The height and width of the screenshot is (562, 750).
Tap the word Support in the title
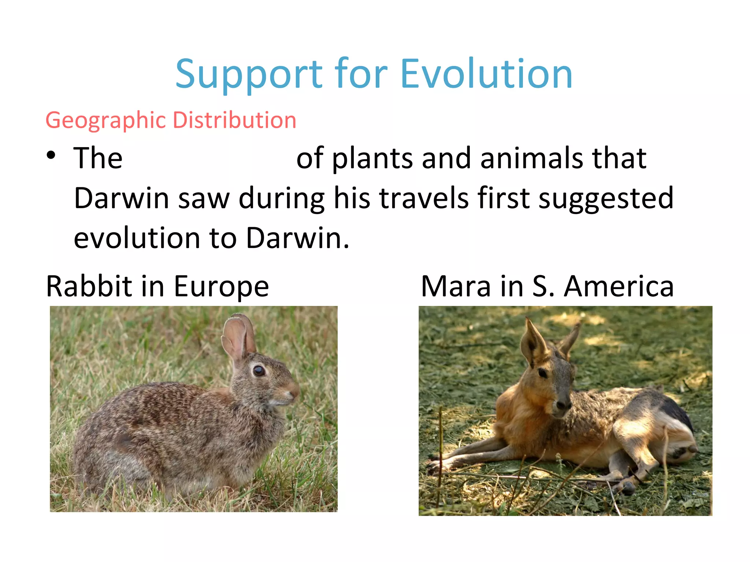(x=249, y=75)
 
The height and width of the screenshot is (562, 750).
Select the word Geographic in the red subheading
(x=106, y=121)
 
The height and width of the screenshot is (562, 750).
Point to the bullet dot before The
(x=51, y=156)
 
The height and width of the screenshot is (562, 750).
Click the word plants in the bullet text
(x=372, y=159)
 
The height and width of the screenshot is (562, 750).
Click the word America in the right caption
(x=619, y=286)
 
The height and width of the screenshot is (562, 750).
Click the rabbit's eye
(x=259, y=371)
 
